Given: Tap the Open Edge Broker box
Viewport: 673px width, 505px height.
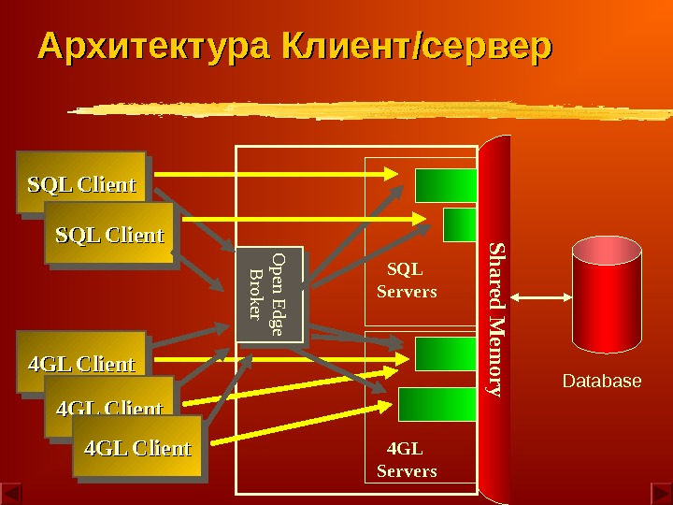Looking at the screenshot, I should tap(271, 294).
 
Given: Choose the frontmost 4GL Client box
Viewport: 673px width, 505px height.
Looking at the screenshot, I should tap(137, 449).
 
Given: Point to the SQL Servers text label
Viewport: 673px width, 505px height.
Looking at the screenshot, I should tap(407, 281).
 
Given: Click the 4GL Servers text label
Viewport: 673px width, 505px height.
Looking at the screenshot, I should tap(407, 462).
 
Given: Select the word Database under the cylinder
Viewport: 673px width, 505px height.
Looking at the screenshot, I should tap(602, 382).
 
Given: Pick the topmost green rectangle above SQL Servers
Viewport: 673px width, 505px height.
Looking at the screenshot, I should tap(446, 185).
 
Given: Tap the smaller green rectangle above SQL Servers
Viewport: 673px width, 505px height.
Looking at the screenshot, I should tap(460, 225).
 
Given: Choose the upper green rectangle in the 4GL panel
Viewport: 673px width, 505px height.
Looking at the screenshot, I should tap(446, 354).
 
